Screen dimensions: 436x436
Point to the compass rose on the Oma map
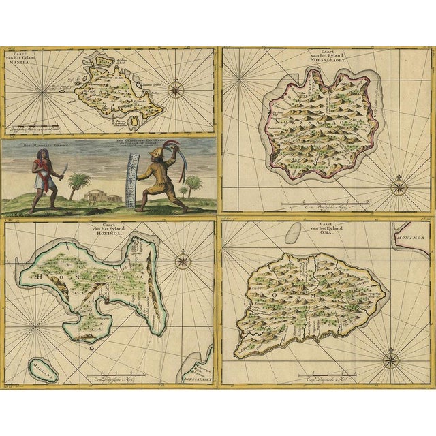[x=391, y=358]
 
